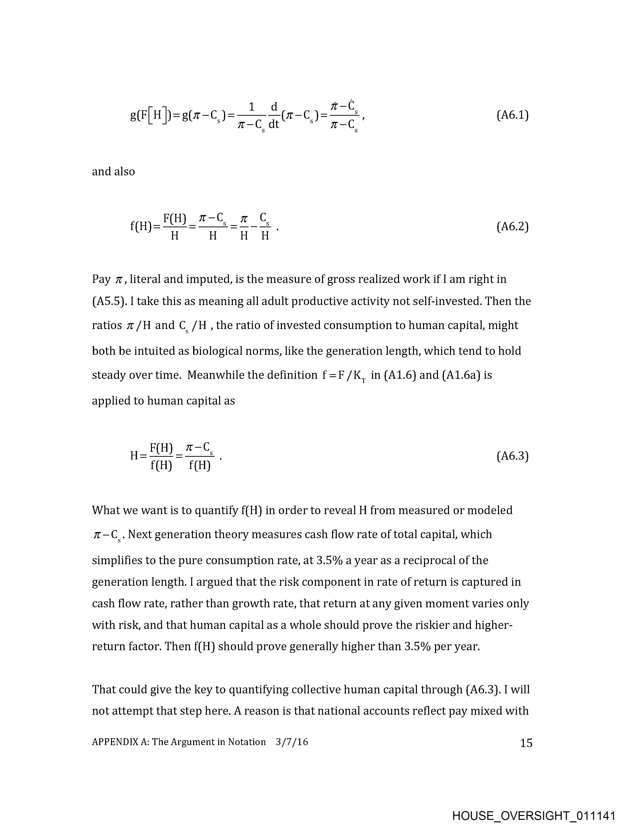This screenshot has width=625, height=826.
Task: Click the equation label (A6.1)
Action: tap(512, 115)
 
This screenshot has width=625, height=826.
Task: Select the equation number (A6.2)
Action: tap(512, 227)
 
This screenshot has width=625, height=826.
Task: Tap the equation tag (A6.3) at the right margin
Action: tap(512, 456)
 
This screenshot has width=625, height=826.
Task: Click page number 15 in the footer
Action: tap(526, 743)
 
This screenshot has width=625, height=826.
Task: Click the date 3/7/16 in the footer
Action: tap(292, 742)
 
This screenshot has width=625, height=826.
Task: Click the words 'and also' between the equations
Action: tap(113, 172)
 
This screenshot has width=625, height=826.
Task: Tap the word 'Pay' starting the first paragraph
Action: tap(101, 279)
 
